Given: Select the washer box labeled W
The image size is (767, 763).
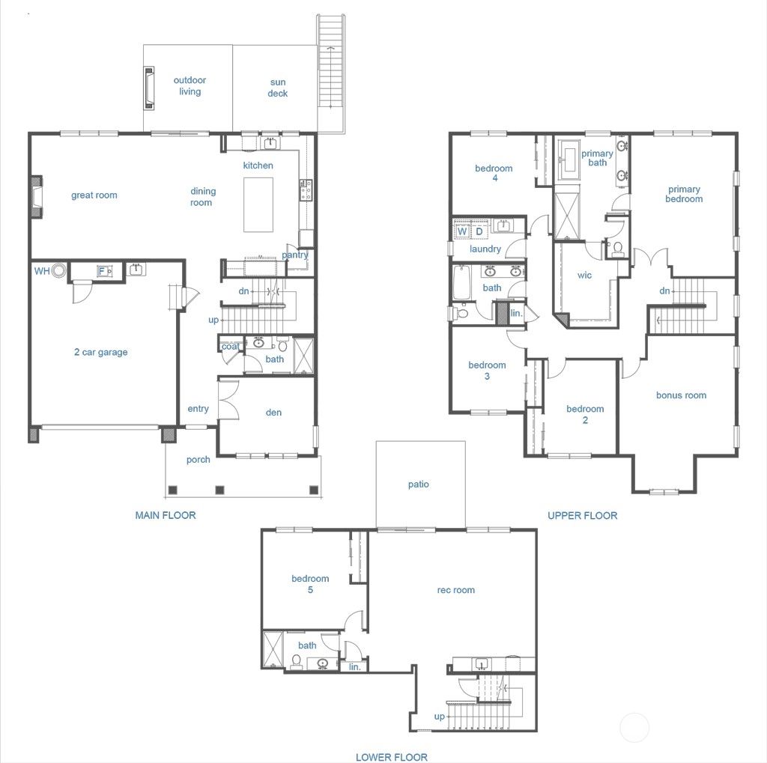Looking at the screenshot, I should pos(462,231).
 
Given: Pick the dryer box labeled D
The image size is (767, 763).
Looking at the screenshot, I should pos(479,231).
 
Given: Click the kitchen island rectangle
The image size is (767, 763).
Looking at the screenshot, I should pos(258,204).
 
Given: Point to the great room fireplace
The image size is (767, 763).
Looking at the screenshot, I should pos(36,196).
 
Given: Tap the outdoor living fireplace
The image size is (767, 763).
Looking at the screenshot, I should pos(150,88).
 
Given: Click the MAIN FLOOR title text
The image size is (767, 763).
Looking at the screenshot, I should pos(166,515).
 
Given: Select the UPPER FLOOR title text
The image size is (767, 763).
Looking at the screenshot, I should pos(582,515).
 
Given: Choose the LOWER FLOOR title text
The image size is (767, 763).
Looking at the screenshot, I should pos(391,757).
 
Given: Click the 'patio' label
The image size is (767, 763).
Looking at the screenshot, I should pos(419,484).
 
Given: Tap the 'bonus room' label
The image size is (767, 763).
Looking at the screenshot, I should pos(681,395).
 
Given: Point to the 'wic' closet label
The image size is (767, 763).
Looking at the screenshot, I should pos(584,276).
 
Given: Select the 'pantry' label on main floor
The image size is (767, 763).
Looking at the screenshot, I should pos(295,255).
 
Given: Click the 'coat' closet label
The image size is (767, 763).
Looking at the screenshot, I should pos(231,347).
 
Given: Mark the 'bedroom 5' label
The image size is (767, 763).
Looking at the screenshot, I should pos(310,584).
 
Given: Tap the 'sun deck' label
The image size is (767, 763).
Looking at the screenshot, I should pos(278,88).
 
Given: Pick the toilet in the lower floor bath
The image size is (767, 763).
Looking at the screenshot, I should pos(297,662).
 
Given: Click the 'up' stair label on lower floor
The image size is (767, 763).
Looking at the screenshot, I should pos(440,717).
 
